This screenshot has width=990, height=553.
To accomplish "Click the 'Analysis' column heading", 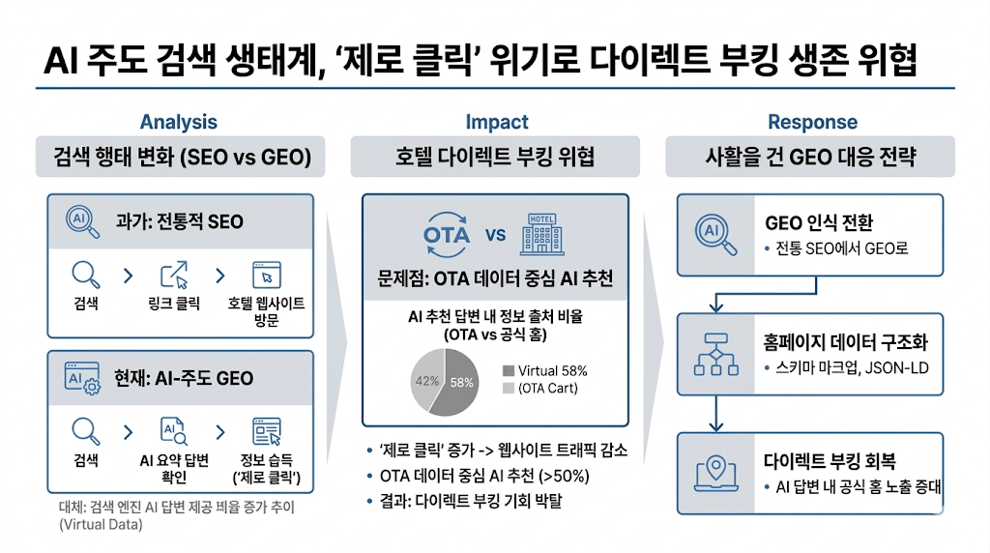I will coord(178,122).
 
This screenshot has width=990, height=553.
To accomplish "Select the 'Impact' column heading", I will coord(497,122).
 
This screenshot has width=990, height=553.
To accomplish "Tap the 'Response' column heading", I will coord(812,122).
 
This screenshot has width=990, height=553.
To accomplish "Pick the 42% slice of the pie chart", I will coord(424,379).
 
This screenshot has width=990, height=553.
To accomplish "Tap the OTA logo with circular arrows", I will coord(447,235).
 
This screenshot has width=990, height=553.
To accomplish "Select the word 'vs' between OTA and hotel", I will coord(495,235).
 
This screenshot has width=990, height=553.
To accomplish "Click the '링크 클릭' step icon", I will coord(175,275).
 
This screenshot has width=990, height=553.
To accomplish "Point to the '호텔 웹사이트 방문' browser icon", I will coord(266,275).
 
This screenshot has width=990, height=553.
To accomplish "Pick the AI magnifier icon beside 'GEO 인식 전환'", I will coord(715,234).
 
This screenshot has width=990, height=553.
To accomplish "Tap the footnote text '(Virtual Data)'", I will coord(100,525).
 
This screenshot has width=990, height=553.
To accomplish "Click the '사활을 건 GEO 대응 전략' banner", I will coord(811,156).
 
